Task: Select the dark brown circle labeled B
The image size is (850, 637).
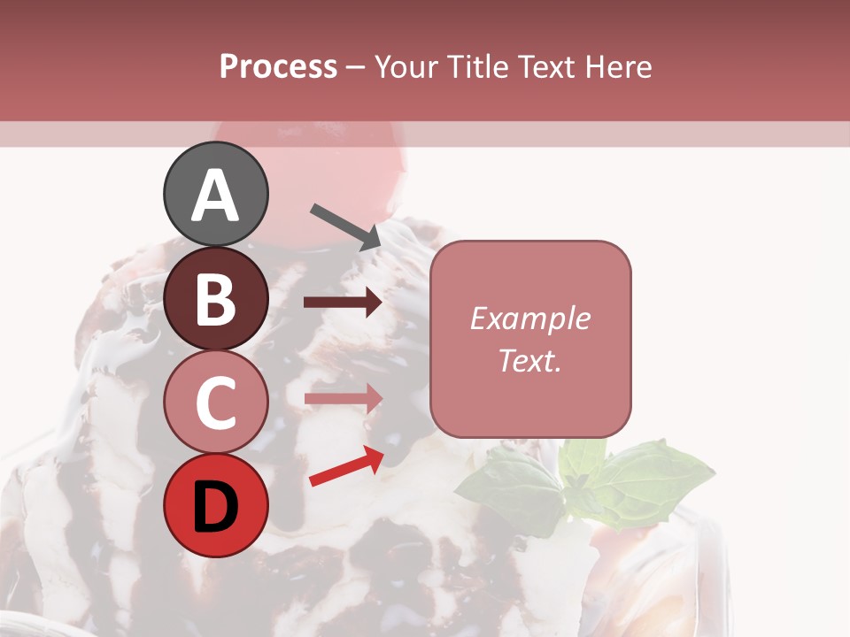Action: point(215,299)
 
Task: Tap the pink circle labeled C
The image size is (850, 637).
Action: point(215,403)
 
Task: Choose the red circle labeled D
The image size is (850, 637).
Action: point(215,505)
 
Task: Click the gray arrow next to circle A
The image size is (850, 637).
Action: point(346,226)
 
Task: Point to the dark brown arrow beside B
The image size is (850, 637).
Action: point(343,303)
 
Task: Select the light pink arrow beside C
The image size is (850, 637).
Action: point(343,398)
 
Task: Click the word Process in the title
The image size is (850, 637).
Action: point(278,66)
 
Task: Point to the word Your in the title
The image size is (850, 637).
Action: point(406,66)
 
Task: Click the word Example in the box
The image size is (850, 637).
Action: point(529,318)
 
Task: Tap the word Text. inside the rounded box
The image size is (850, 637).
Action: point(529,360)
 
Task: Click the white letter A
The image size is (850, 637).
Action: point(215,196)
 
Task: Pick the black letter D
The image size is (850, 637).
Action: point(215,507)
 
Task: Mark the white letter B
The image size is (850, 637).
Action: point(215,299)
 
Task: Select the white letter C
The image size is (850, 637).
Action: point(215,403)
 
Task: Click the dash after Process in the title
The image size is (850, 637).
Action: point(355,67)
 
